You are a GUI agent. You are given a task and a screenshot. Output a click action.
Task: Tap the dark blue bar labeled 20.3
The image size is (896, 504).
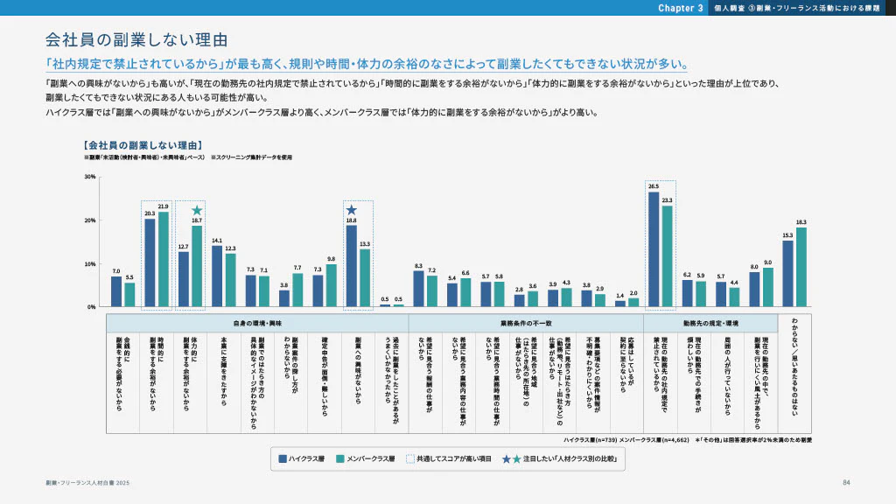tap(150, 262)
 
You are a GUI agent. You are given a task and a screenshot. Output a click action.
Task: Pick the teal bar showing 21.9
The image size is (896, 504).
tap(164, 259)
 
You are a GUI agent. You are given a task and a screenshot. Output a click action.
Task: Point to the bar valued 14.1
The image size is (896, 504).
tap(217, 276)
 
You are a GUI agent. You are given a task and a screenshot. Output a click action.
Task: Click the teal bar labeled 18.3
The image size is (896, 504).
tap(801, 267)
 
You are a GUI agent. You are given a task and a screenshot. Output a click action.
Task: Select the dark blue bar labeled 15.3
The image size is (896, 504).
tap(787, 273)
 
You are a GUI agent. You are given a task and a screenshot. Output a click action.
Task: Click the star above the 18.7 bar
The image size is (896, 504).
tap(197, 211)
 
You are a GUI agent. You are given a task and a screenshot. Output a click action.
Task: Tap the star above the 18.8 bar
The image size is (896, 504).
tap(352, 210)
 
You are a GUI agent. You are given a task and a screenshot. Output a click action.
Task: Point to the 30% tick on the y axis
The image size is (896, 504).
tap(90, 177)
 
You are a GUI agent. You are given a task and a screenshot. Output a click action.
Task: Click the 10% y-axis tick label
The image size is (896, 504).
tap(90, 263)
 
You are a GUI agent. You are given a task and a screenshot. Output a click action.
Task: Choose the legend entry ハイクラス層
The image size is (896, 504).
tap(304, 458)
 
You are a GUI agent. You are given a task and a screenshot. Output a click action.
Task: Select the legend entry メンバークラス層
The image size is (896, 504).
tap(366, 458)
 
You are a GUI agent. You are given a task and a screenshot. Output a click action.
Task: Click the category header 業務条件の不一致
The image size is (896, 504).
tap(526, 323)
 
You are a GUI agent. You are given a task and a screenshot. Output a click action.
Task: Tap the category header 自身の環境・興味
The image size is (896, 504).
tap(257, 323)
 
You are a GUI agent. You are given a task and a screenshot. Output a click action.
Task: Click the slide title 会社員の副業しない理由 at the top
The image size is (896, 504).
tap(136, 40)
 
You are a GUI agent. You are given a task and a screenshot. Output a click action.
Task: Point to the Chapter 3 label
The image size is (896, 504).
tap(681, 8)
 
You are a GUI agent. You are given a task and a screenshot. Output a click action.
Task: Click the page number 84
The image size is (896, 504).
tap(846, 483)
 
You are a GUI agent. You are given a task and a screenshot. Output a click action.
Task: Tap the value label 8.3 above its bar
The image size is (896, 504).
tap(419, 265)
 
